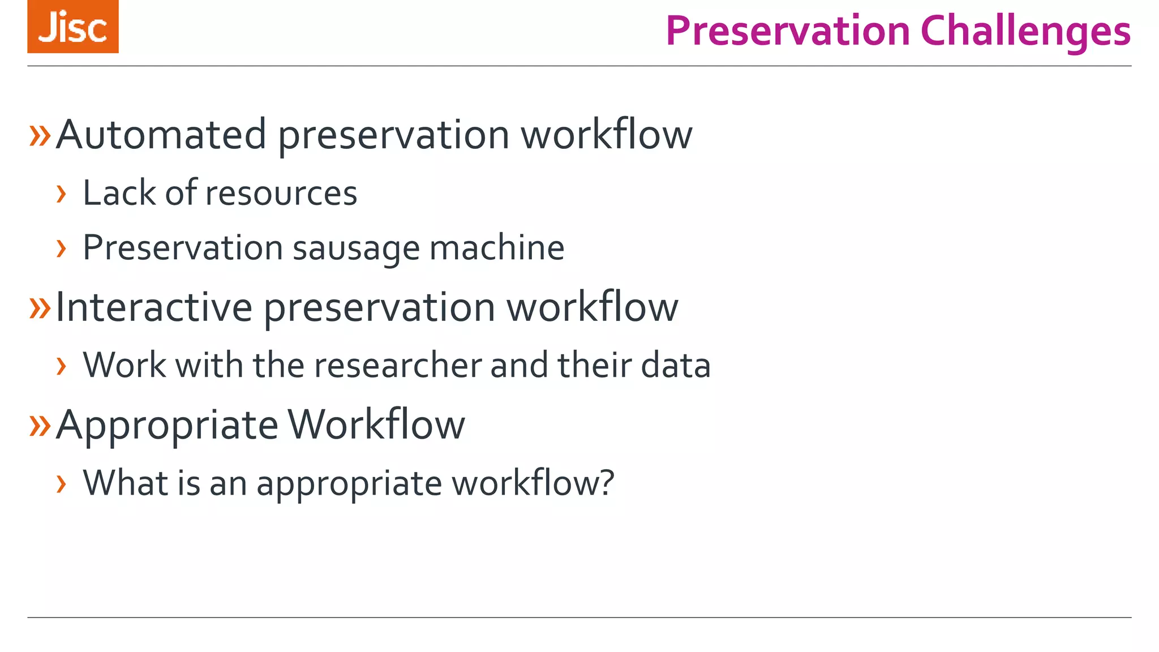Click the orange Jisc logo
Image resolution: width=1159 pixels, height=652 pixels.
73,27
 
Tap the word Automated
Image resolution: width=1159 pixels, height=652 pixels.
161,135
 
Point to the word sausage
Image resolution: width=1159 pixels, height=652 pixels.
355,248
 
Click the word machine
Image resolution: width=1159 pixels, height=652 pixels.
496,248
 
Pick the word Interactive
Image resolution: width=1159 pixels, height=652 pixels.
154,307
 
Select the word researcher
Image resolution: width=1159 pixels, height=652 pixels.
398,365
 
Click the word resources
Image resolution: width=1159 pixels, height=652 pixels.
281,193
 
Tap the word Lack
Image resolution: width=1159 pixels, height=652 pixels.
119,193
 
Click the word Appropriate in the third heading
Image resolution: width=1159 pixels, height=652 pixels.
168,425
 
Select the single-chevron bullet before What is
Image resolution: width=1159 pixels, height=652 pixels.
62,484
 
